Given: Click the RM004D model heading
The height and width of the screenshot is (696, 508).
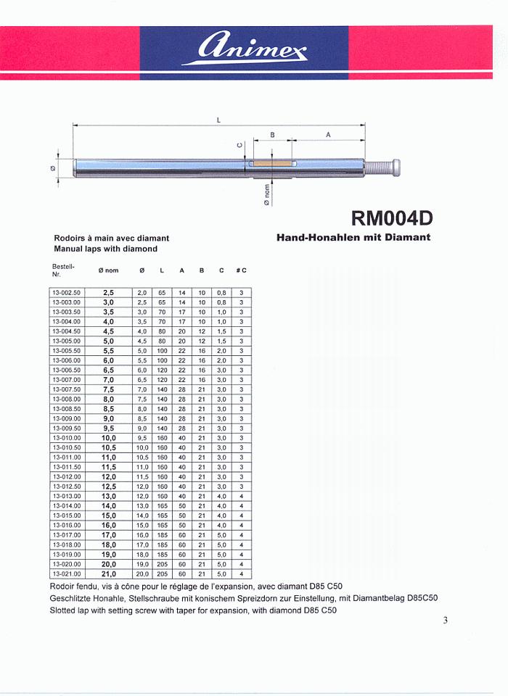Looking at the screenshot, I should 393,218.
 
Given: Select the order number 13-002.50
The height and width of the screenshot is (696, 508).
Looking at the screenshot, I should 66,292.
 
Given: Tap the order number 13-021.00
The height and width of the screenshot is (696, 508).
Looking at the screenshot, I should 66,573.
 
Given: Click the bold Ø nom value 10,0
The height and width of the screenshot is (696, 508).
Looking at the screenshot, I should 109,438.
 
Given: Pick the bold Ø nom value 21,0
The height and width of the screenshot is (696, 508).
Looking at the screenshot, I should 109,573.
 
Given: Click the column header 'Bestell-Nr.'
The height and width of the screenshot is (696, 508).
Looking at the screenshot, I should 62,270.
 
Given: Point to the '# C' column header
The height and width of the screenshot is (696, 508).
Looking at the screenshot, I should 241,270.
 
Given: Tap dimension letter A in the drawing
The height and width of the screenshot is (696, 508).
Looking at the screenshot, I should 328,135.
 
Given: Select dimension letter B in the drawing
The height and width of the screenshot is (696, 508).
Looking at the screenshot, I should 272,135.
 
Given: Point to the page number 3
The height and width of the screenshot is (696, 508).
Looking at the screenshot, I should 445,620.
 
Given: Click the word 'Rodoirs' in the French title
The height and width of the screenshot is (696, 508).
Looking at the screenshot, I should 71,238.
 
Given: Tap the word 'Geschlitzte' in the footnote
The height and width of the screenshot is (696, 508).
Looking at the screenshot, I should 73,598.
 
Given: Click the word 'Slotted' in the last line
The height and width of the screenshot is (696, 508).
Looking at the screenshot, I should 65,610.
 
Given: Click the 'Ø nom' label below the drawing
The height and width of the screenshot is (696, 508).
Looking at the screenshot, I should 267,194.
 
